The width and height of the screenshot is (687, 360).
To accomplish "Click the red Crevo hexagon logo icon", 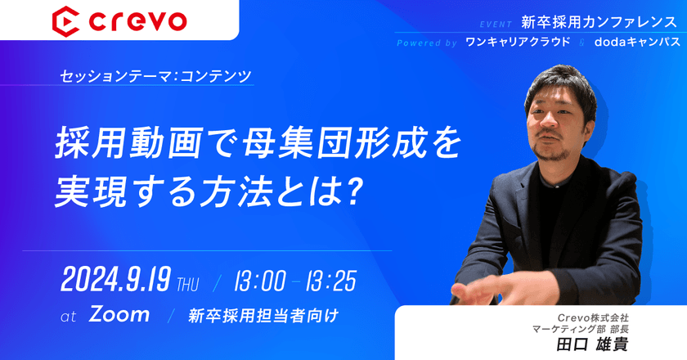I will click(x=64, y=20).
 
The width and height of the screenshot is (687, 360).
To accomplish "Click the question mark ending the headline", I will click(x=352, y=190).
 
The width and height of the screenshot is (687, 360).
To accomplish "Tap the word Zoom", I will click(x=119, y=314).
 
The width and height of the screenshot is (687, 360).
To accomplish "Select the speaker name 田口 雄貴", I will click(x=591, y=344).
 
